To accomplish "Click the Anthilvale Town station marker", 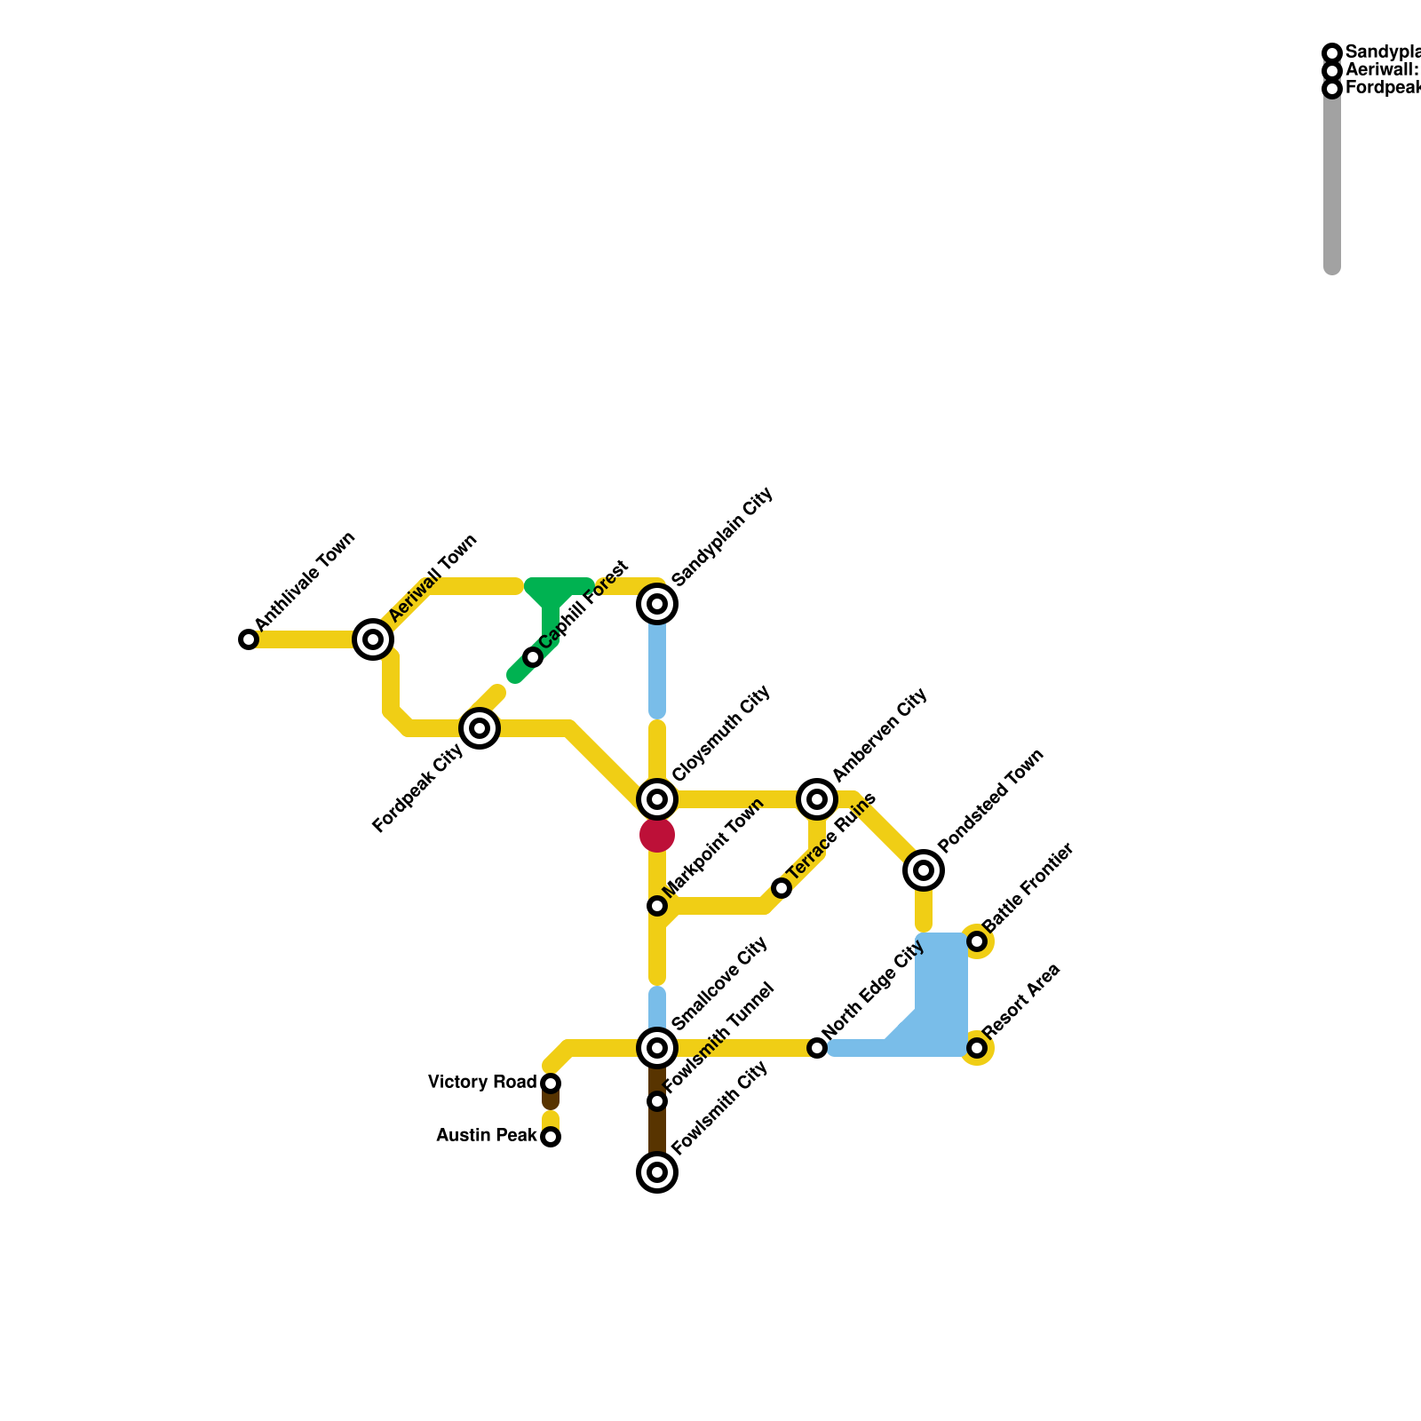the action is (249, 639).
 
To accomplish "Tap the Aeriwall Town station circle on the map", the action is (373, 639).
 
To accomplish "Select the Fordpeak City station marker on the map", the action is (480, 728).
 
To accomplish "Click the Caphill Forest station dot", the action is (533, 657).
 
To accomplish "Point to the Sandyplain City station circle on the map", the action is (657, 604).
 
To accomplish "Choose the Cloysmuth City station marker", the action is (657, 799).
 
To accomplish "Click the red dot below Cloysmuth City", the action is (657, 835).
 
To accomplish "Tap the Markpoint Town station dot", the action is (657, 906).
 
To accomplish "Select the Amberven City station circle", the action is (817, 799).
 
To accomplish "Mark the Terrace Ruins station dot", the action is (782, 888).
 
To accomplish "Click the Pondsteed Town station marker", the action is (924, 870).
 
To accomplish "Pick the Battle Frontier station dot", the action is (977, 941).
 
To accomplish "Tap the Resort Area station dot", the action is (977, 1048).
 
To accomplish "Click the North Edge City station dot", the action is (817, 1048).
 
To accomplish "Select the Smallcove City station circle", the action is (657, 1048).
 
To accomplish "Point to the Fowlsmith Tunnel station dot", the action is (657, 1101).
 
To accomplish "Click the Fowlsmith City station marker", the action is (657, 1172).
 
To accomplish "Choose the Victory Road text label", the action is (482, 1083).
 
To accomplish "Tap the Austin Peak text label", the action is (487, 1136).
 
